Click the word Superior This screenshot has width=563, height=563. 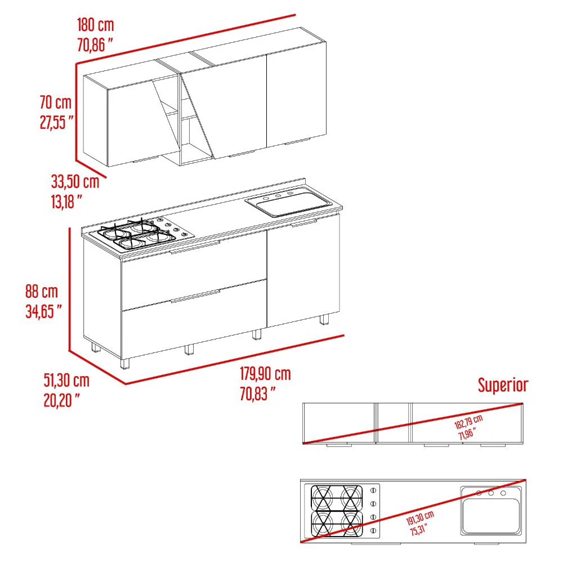503,385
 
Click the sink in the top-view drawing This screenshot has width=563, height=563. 491,511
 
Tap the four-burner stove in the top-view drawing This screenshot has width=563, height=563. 342,511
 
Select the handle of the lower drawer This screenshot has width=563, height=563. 195,296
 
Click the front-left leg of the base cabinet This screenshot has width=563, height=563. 124,363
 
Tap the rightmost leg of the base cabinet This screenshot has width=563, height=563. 324,319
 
